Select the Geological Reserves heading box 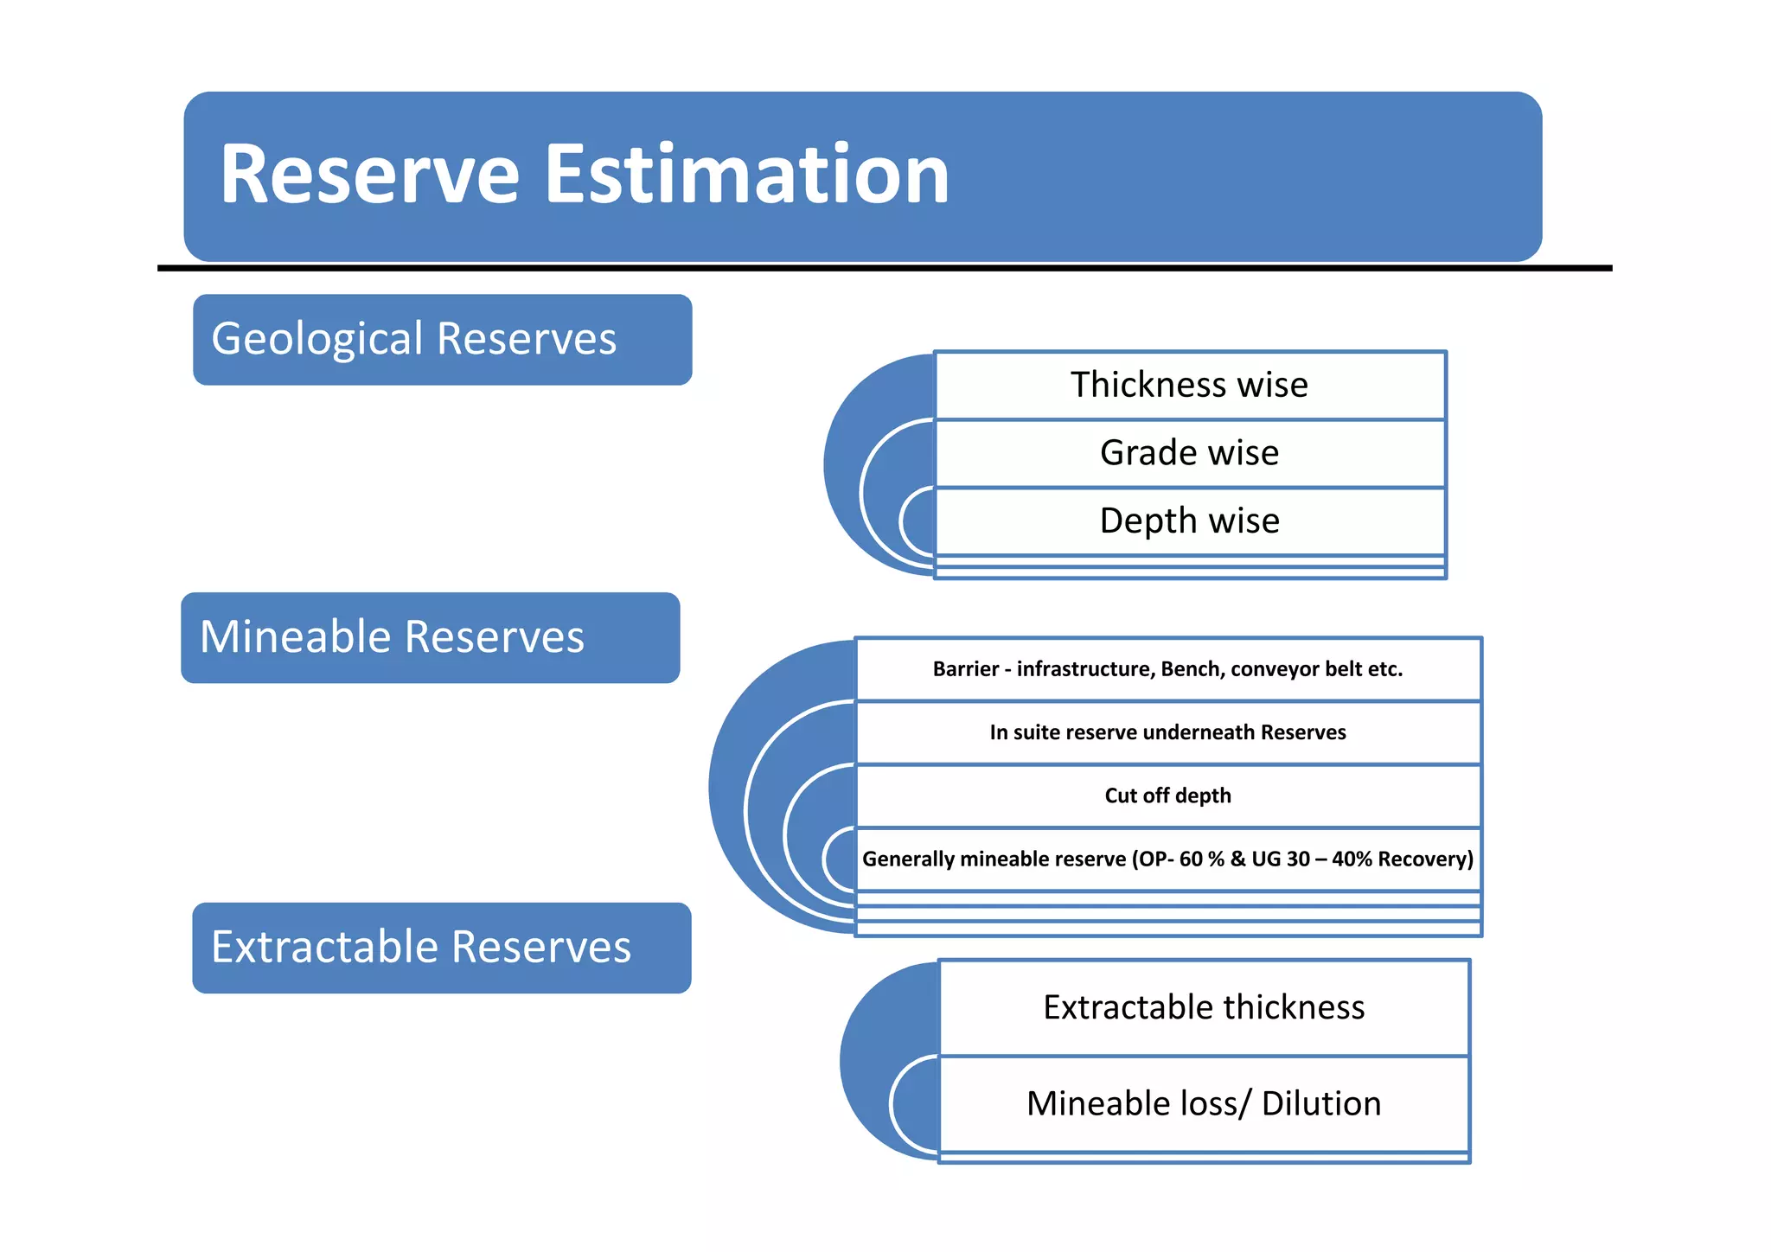[x=442, y=340]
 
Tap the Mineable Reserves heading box [x=430, y=638]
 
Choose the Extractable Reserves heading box [x=441, y=948]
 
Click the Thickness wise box [x=1189, y=385]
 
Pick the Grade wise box [x=1189, y=453]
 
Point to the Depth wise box [x=1189, y=521]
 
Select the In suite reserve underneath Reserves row [x=1167, y=732]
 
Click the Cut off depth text [x=1167, y=795]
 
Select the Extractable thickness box [x=1204, y=1007]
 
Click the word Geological [x=318, y=339]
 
